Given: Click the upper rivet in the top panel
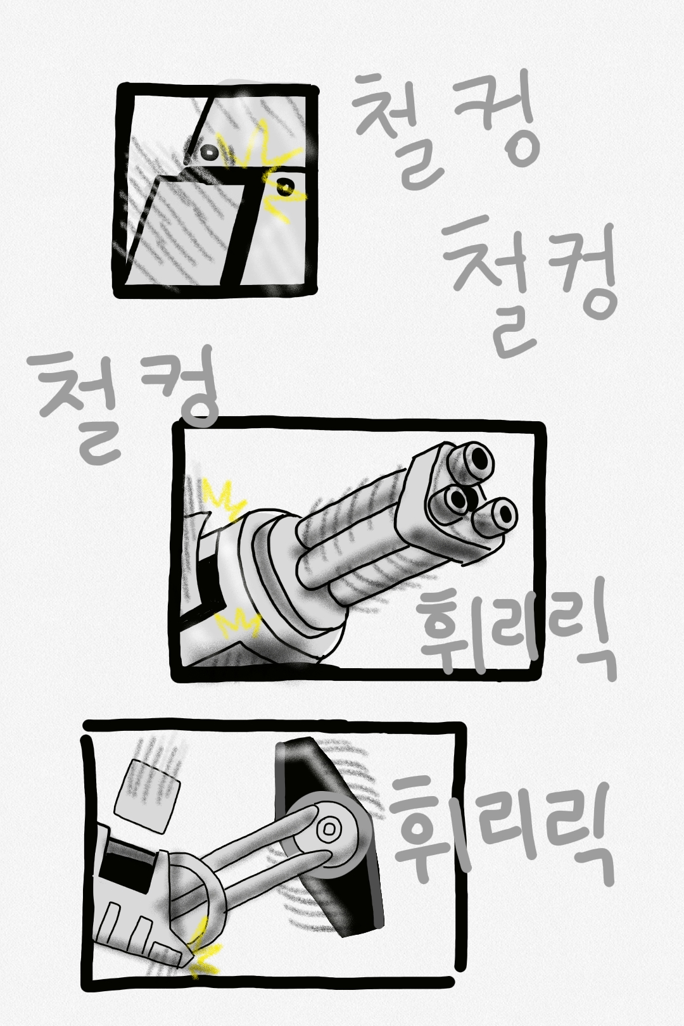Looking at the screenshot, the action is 209,151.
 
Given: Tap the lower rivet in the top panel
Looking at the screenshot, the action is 284,186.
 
